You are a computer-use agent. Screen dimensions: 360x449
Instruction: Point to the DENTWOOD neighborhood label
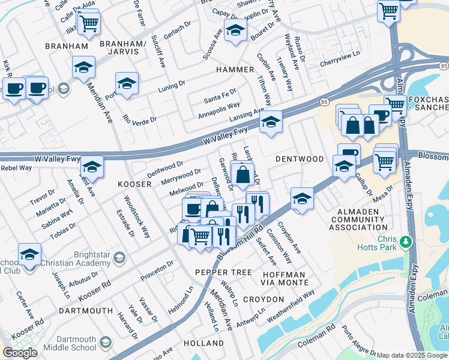tap(300, 159)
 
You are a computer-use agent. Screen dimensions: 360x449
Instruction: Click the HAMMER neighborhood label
tap(235, 70)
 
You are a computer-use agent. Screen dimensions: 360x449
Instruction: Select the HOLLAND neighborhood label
tap(204, 343)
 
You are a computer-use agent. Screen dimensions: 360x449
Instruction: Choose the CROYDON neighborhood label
tap(264, 299)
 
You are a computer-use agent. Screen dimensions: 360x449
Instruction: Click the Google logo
tap(20, 353)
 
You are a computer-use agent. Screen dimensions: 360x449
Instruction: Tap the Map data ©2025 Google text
tap(412, 355)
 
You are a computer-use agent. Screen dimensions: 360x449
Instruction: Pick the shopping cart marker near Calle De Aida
tap(88, 23)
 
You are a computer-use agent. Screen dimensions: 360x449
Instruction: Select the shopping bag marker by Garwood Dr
tap(243, 175)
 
